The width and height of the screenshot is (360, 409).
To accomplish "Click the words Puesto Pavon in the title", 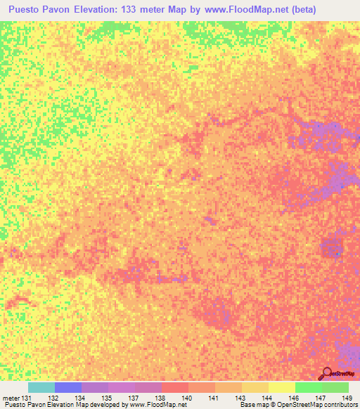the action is coord(41,10).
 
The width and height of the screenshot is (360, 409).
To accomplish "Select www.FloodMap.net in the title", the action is coord(231,10).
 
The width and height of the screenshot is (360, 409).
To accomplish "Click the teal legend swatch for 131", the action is coord(41,387).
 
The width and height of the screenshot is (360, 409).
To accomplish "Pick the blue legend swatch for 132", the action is coord(68,387).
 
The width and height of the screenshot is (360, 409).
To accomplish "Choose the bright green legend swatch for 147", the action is coord(309,387).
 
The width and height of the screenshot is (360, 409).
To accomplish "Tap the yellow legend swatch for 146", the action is coord(282,387).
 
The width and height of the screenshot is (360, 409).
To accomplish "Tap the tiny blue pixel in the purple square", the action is coord(338,253).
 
